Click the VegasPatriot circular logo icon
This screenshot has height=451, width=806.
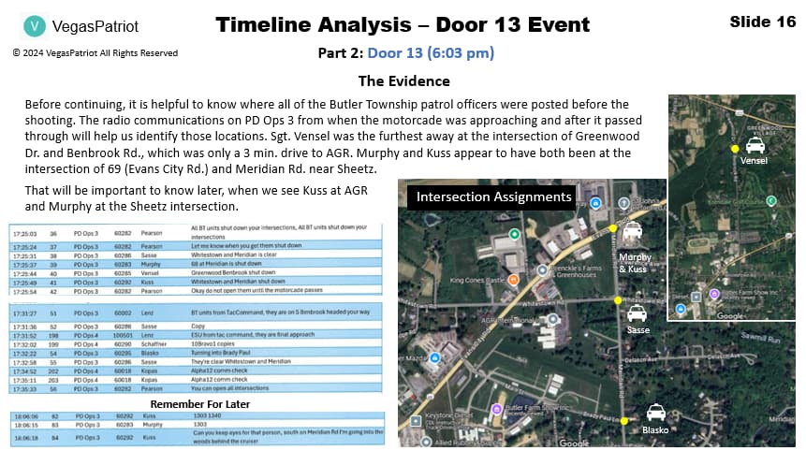pos(35,26)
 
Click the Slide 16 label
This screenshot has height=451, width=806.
pos(763,22)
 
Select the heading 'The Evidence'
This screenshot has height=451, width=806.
pos(403,80)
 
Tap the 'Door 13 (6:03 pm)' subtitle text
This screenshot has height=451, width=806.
pos(431,53)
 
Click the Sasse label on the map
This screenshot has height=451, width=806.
pos(637,329)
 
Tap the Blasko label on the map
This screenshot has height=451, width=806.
pos(656,429)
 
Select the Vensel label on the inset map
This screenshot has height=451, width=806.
pos(754,161)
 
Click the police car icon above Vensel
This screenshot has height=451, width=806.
pos(755,145)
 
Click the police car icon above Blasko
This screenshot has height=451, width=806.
pos(656,412)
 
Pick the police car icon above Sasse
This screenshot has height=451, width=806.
pos(637,313)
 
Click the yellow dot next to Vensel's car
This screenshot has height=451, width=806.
pos(735,149)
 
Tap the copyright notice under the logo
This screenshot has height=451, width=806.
pos(95,53)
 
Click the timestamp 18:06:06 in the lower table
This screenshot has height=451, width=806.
pos(24,415)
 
